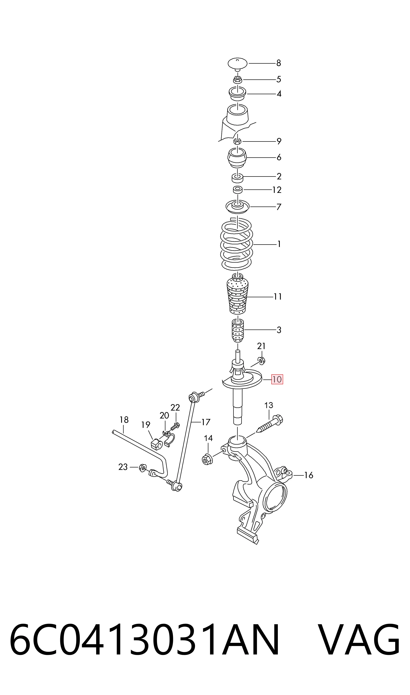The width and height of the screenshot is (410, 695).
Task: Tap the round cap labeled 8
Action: pos(237,64)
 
